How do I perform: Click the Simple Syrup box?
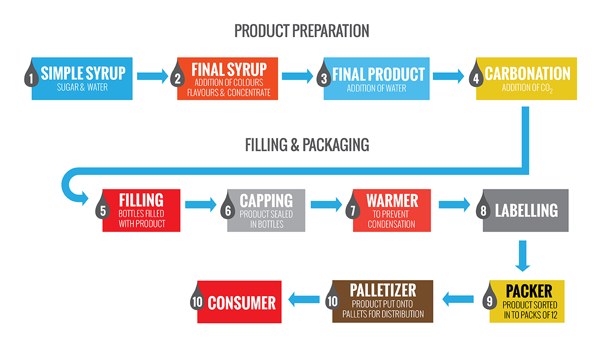[82, 79]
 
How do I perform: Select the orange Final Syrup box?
[227, 79]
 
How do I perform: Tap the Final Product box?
[376, 79]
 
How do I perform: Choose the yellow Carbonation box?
[526, 79]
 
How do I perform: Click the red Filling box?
[141, 210]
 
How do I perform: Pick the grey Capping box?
[266, 210]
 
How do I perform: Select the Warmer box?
[392, 210]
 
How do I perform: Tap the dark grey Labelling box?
[526, 210]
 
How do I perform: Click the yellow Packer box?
[527, 301]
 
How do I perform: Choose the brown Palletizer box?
[382, 301]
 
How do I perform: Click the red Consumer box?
[239, 302]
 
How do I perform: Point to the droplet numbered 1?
[31, 74]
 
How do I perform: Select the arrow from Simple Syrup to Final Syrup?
[153, 76]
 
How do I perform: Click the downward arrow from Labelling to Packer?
[522, 256]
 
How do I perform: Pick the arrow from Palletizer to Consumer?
[304, 299]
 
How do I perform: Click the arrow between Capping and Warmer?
[326, 205]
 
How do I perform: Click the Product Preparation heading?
[301, 31]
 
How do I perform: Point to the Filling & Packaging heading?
[307, 145]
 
